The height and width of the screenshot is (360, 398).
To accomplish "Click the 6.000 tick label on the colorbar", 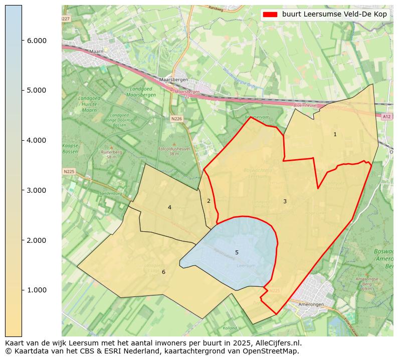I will coord(37,41).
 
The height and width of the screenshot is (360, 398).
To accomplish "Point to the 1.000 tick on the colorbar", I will coord(37,290).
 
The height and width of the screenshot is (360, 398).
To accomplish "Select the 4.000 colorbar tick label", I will coord(37,140).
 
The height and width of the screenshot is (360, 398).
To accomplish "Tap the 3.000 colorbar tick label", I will coord(37,190).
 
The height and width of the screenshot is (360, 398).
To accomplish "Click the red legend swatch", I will coord(270,15).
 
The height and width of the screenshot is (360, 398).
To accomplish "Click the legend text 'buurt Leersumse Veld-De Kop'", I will coord(334,15).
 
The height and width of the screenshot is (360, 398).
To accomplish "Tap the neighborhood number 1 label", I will coord(335,134).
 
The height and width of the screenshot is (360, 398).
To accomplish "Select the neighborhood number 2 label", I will coord(209,201).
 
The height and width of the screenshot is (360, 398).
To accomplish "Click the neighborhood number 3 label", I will coord(285,201).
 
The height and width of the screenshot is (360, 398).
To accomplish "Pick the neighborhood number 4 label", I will coord(169,207).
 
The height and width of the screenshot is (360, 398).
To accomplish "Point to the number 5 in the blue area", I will coord(237,252).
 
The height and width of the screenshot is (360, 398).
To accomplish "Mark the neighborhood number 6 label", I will coord(163,272).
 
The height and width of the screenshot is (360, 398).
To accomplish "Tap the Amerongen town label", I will coord(312,304).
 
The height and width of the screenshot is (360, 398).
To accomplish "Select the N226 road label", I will coord(176,119).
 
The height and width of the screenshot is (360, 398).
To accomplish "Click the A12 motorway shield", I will coord(386,116).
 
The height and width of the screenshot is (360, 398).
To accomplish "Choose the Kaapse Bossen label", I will coord(70,148).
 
